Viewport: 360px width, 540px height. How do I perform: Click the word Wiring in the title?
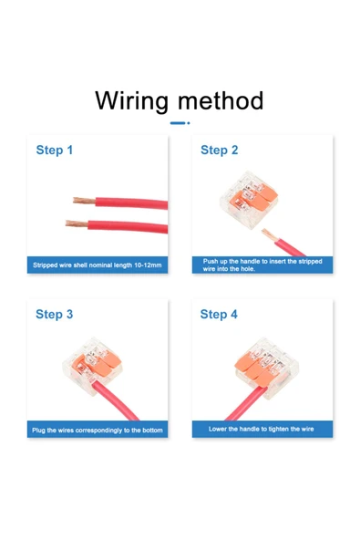(x=132, y=101)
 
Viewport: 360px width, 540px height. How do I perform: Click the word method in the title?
(x=221, y=100)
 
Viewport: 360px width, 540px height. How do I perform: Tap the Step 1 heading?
(x=55, y=151)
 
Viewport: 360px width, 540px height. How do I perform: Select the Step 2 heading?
(x=220, y=151)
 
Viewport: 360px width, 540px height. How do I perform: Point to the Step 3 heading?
(x=55, y=314)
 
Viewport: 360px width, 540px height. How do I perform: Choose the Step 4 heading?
(x=219, y=314)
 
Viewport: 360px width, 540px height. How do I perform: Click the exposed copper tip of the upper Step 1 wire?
(x=84, y=201)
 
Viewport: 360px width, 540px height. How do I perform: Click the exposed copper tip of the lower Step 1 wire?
(x=77, y=223)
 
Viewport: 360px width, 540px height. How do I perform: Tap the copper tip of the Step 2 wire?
(x=268, y=234)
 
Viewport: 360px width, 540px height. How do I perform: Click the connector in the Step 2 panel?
(x=249, y=199)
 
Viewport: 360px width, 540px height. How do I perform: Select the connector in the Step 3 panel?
(x=92, y=366)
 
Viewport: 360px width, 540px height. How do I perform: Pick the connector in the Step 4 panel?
(x=267, y=368)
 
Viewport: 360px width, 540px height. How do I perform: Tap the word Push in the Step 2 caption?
(x=210, y=262)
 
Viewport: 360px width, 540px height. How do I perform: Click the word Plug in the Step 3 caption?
(x=38, y=431)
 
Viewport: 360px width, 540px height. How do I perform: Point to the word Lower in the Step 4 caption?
(x=218, y=429)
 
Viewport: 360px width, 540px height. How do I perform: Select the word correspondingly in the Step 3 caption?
(x=98, y=431)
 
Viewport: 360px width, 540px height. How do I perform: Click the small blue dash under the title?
(x=180, y=123)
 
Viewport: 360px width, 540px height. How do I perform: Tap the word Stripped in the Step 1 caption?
(x=44, y=265)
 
